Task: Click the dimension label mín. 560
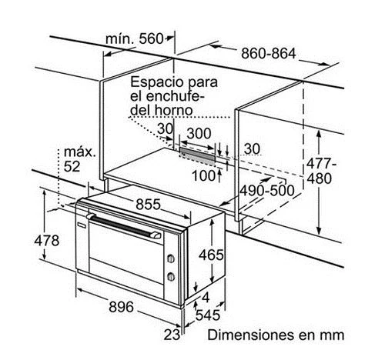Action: point(134,39)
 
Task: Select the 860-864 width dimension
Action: point(269,54)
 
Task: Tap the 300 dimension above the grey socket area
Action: point(199,133)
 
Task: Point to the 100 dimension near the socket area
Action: point(203,176)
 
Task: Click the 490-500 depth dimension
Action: point(267,191)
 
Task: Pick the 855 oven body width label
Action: point(148,205)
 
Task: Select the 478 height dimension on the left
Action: point(47,241)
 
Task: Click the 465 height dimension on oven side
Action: point(211,255)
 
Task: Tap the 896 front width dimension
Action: point(121,307)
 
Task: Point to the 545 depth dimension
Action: point(208,315)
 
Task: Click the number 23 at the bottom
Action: point(172,335)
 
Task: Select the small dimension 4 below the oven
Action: point(206,298)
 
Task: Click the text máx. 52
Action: point(79,159)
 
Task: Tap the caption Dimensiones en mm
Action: point(276,335)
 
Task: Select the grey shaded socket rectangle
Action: point(197,156)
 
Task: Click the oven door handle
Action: point(124,226)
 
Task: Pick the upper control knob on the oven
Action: point(171,258)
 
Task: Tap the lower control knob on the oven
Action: point(171,277)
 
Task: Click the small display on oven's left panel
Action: point(82,225)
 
